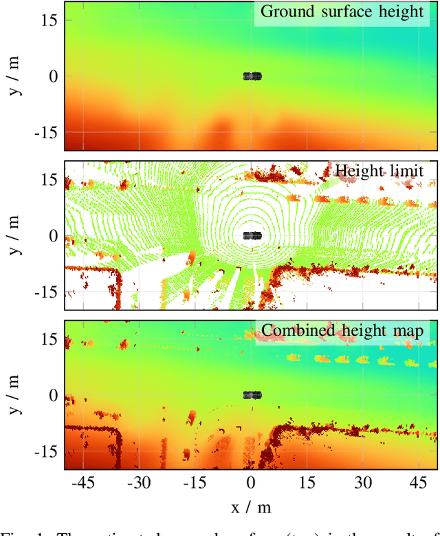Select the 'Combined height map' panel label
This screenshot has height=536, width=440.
[x=344, y=330]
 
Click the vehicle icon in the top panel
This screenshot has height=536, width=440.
[x=252, y=76]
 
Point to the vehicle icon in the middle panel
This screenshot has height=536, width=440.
[x=252, y=235]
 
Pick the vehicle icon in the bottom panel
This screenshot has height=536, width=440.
[x=252, y=395]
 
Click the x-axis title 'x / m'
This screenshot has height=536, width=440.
[x=252, y=507]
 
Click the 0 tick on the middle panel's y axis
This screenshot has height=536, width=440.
[x=53, y=235]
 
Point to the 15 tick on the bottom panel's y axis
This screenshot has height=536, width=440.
[x=49, y=339]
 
